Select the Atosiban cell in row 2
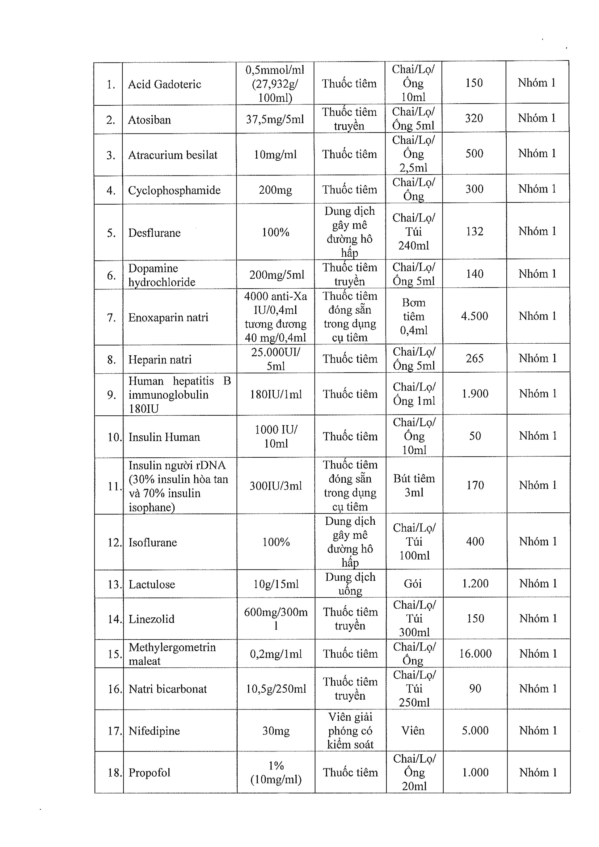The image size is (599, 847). [x=150, y=120]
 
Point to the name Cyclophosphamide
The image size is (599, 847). [x=174, y=190]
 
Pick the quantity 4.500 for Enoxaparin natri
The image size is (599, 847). [x=474, y=316]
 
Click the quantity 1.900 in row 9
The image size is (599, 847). [x=475, y=394]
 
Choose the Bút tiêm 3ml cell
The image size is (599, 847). [x=414, y=485]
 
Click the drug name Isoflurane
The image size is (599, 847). [x=153, y=542]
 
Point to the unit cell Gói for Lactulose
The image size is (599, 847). [x=413, y=584]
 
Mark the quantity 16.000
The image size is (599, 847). [x=475, y=654]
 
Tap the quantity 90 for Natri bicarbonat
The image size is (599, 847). [x=475, y=688]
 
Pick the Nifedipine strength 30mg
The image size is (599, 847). [x=276, y=731]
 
